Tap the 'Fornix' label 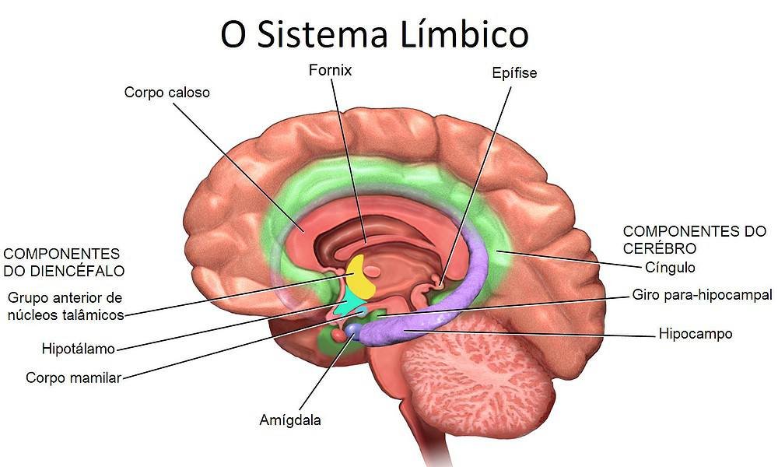pyautogui.click(x=329, y=71)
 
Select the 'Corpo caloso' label pyautogui.click(x=167, y=93)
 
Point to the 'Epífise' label pyautogui.click(x=514, y=74)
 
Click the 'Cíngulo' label pyautogui.click(x=670, y=267)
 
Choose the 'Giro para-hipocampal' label pyautogui.click(x=702, y=295)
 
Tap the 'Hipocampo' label pyautogui.click(x=695, y=334)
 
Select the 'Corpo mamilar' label pyautogui.click(x=73, y=377)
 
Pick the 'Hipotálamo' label pyautogui.click(x=79, y=346)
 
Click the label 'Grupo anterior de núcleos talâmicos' pyautogui.click(x=65, y=306)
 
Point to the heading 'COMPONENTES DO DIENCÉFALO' pyautogui.click(x=64, y=262)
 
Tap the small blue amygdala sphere pyautogui.click(x=355, y=331)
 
